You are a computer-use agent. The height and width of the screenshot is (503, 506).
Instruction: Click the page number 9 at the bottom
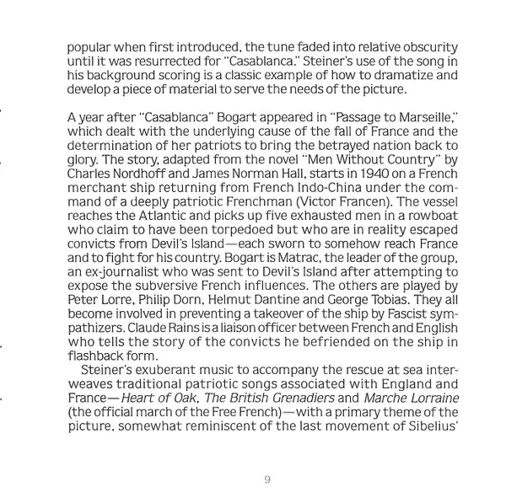pos(266,479)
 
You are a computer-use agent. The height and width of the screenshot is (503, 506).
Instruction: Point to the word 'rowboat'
pos(432,216)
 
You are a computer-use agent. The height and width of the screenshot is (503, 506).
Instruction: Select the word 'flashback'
pos(97,356)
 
